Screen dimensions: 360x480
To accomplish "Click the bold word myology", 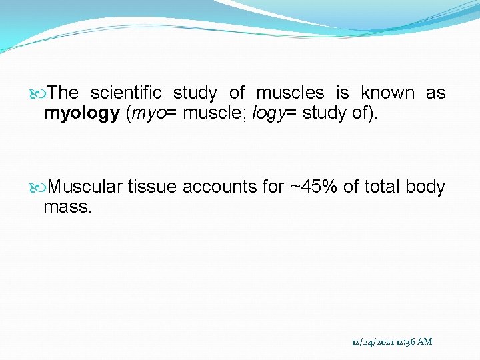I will click(81, 113).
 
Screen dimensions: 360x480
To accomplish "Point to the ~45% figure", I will click(314, 187).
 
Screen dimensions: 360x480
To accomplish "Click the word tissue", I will click(151, 187).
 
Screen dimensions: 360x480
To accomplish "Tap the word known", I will click(387, 93).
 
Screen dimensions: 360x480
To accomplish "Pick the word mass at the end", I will click(66, 207).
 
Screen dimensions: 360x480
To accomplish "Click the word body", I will click(425, 187).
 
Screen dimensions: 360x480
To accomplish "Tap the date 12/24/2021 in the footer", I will click(372, 342).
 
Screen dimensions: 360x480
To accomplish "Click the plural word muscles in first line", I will click(290, 93).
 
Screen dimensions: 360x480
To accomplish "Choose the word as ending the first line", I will click(435, 93).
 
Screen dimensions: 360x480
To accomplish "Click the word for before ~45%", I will click(273, 187).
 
